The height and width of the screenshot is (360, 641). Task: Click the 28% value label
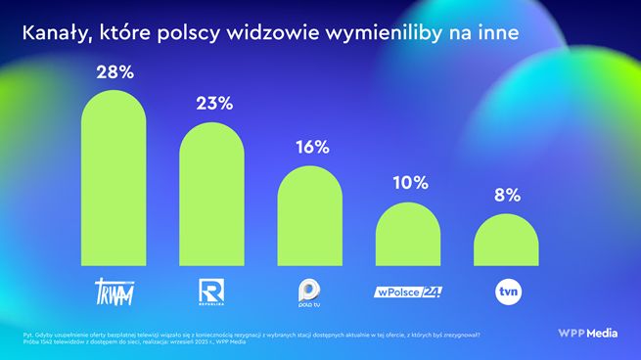click(114, 72)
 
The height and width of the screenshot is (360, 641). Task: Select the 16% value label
click(310, 148)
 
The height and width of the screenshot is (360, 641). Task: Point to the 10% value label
click(409, 183)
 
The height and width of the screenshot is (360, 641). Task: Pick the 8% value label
click(506, 195)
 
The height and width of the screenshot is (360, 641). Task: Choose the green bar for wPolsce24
click(409, 235)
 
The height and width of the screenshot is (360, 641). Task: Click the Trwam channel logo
click(114, 291)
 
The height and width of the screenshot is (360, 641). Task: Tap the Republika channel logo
click(212, 291)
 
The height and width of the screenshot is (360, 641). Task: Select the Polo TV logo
click(310, 291)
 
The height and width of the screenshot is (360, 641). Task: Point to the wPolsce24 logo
click(409, 292)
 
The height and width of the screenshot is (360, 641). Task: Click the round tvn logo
click(506, 291)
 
